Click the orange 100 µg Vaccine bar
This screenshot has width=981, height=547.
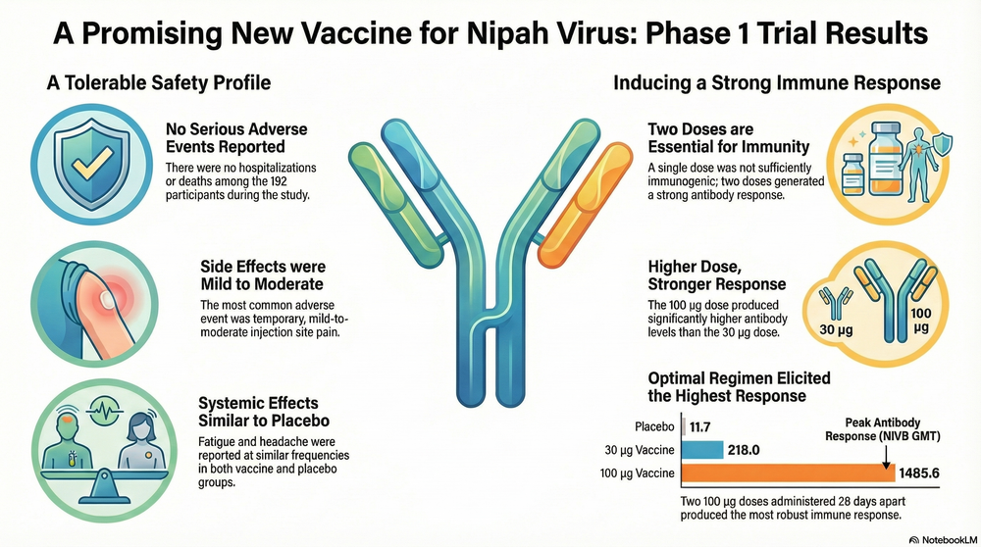(789, 472)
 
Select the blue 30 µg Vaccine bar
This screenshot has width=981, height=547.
(702, 450)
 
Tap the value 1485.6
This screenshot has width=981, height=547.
(919, 473)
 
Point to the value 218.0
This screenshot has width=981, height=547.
(744, 450)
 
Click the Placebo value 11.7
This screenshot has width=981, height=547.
(700, 427)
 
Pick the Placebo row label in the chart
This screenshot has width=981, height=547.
(654, 427)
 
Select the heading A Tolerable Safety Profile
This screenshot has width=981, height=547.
(159, 82)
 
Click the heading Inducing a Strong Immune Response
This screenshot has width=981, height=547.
(776, 82)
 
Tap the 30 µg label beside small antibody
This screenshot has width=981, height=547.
(836, 328)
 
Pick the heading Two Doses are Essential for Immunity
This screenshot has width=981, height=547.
(728, 138)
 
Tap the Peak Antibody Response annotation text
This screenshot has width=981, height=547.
(882, 429)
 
